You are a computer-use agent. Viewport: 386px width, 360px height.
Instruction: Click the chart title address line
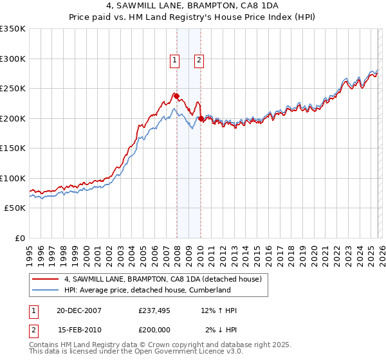point(192,5)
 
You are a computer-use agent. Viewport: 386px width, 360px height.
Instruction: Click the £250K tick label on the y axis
point(12,89)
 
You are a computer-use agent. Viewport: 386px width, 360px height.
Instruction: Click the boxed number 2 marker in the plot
point(199,60)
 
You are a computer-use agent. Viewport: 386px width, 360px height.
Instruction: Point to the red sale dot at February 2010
point(201,119)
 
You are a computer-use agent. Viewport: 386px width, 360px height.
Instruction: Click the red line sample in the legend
point(46,280)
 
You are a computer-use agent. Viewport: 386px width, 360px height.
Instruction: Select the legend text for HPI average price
point(147,290)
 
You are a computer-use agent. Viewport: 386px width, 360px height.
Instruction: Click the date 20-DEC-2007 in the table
point(78,310)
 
